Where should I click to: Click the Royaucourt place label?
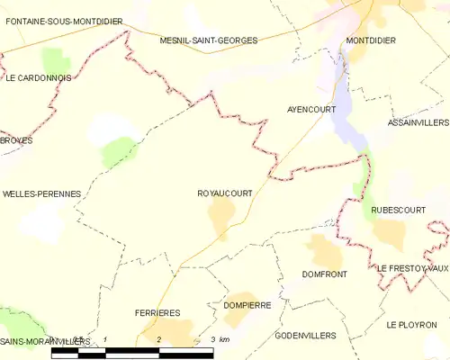pos(224,193)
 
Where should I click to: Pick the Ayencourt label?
pos(311,109)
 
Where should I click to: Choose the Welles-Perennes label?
pos(42,193)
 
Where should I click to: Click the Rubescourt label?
pos(398,210)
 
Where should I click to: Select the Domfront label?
pos(325,274)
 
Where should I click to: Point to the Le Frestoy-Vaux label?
pos(412,268)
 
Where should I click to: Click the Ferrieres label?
pos(157,312)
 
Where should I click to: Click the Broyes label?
pos(16,142)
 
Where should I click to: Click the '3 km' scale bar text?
pos(219,339)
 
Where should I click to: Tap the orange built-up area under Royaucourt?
pos(221,214)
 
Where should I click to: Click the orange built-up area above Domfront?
pos(323,251)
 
